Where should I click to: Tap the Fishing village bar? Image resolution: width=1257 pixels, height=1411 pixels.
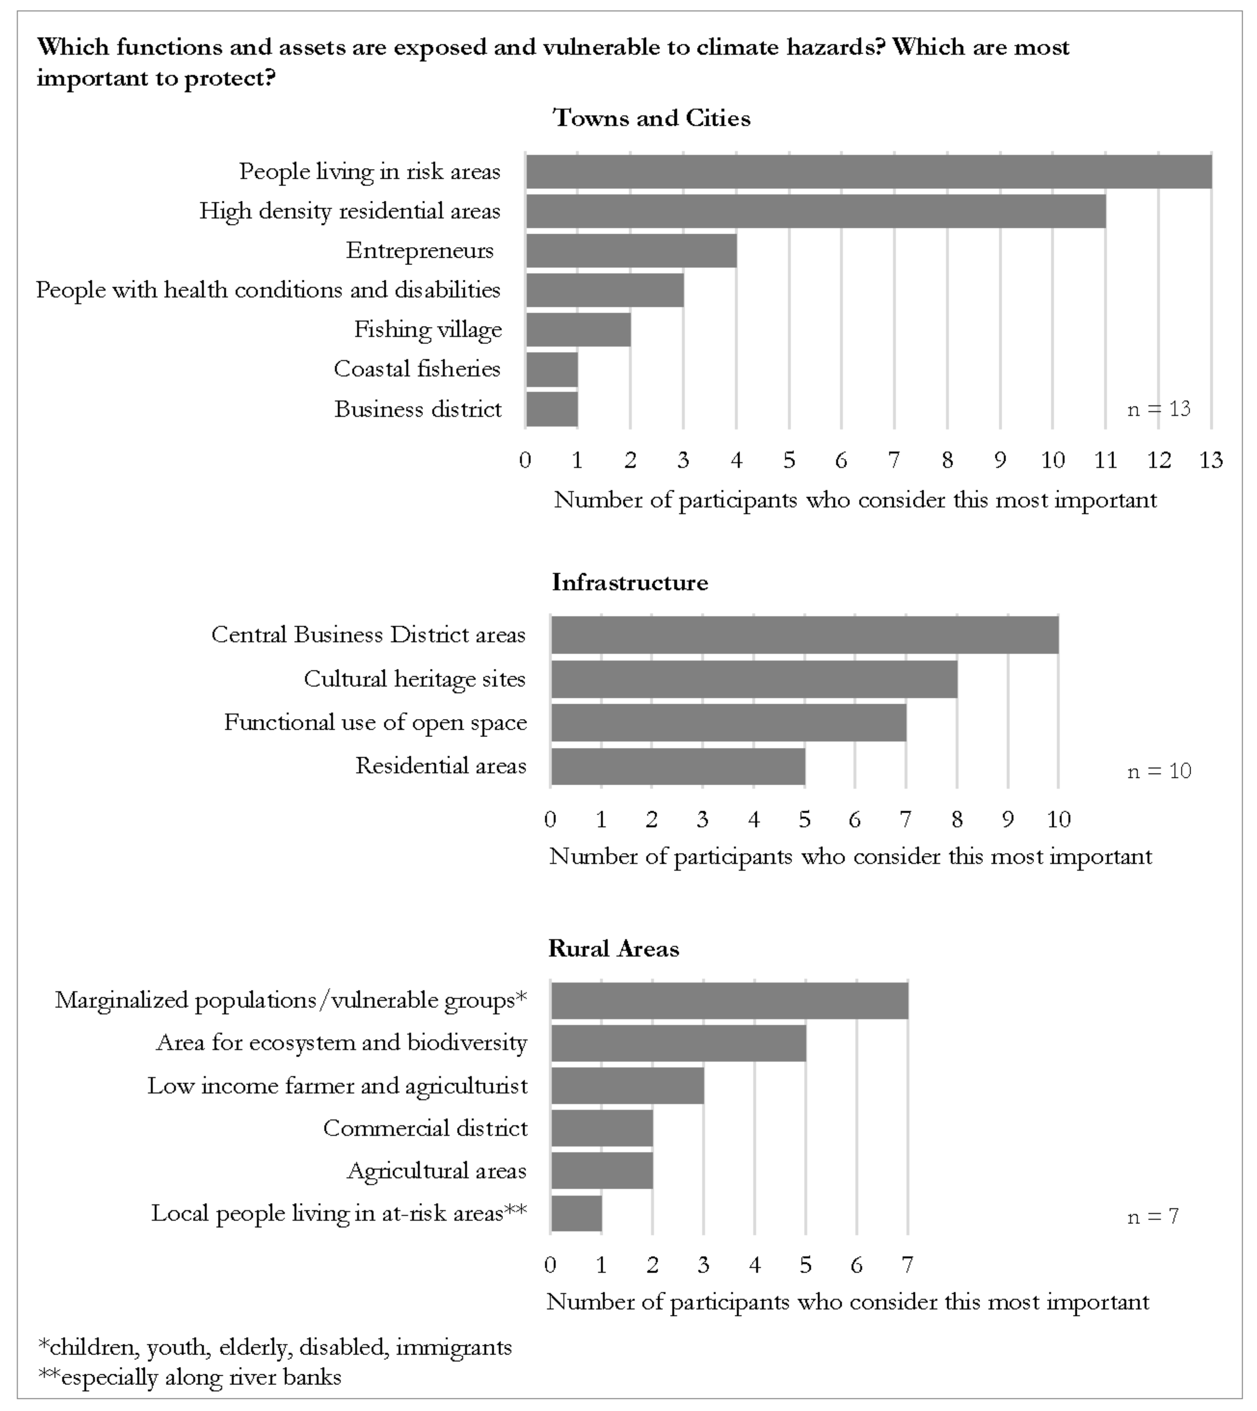578,329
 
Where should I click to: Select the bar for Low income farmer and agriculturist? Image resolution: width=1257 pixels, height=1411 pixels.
627,1086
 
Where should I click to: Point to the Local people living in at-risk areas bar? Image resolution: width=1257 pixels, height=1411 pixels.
576,1213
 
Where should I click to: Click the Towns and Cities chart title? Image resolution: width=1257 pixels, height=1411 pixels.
651,118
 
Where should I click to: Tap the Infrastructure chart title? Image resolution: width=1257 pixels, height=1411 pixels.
629,582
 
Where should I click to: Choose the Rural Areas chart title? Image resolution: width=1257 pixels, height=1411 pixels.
613,948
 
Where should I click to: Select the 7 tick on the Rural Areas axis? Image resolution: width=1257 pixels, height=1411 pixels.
907,1265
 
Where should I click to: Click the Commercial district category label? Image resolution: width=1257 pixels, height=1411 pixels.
425,1128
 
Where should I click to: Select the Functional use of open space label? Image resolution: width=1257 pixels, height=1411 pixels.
375,723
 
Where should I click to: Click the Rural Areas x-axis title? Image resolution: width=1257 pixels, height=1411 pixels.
847,1302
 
